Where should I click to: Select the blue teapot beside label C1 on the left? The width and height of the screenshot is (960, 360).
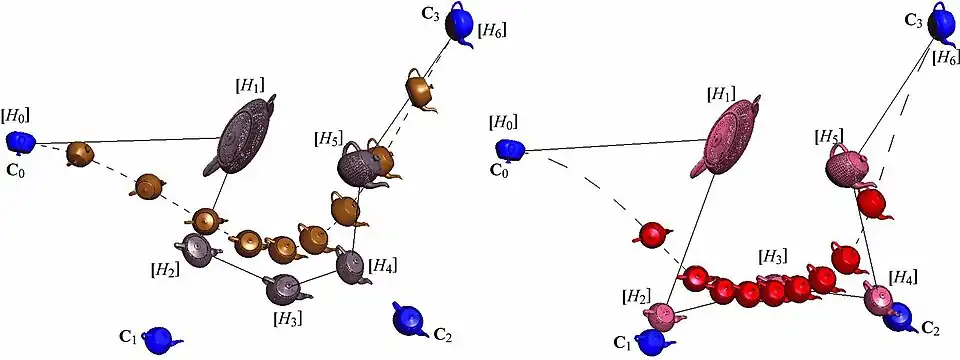(160, 339)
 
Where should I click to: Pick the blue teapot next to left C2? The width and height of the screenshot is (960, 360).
(410, 318)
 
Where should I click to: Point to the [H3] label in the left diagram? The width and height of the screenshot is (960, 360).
(288, 318)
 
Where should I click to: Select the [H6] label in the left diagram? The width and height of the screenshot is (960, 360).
(492, 29)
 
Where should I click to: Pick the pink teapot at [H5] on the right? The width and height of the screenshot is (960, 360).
(846, 167)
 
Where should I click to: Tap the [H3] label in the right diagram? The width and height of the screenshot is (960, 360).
(772, 255)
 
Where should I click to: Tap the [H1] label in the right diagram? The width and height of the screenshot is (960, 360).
(721, 95)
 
